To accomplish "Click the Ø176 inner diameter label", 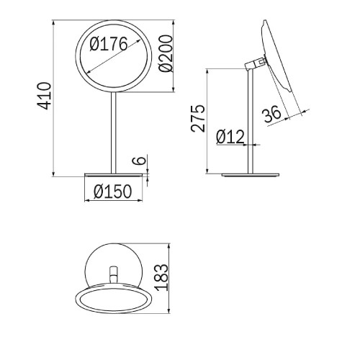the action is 109,44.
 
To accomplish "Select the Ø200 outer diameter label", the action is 166,53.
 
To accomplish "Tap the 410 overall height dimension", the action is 44,96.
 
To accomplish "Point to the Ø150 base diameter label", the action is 113,192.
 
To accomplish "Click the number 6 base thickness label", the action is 140,161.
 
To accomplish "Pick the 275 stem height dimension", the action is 198,118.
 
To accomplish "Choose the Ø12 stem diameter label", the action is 230,137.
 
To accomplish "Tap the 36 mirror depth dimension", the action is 271,114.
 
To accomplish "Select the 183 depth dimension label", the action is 161,277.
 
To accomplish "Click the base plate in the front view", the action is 113,175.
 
